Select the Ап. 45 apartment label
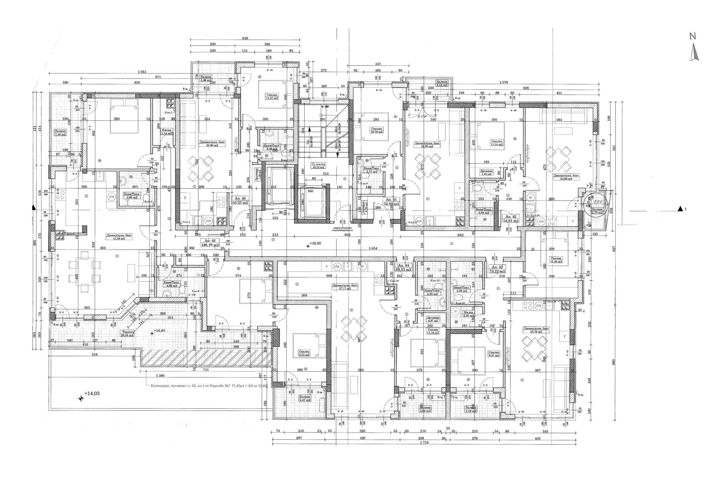[210, 242]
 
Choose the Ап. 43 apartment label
[497, 269]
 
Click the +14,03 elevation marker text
[92, 393]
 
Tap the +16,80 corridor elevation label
[315, 243]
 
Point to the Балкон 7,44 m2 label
[60, 133]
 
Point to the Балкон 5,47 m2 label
[305, 398]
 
